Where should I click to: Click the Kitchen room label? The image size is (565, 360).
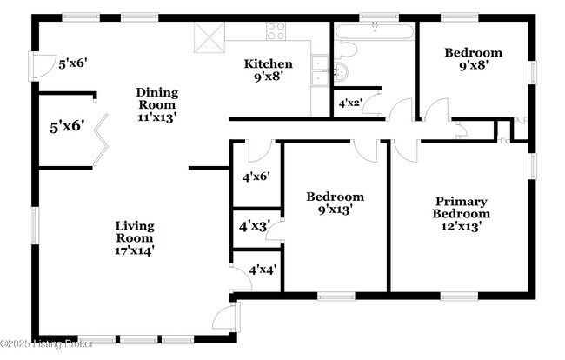pos(268,64)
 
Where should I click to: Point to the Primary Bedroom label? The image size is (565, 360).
pos(462,208)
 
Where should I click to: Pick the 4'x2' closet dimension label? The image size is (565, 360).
pos(349,103)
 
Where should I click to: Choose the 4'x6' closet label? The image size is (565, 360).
pos(256,177)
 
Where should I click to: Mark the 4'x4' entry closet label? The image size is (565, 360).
pos(263,270)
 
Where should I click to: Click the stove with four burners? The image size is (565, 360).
pos(277,31)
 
